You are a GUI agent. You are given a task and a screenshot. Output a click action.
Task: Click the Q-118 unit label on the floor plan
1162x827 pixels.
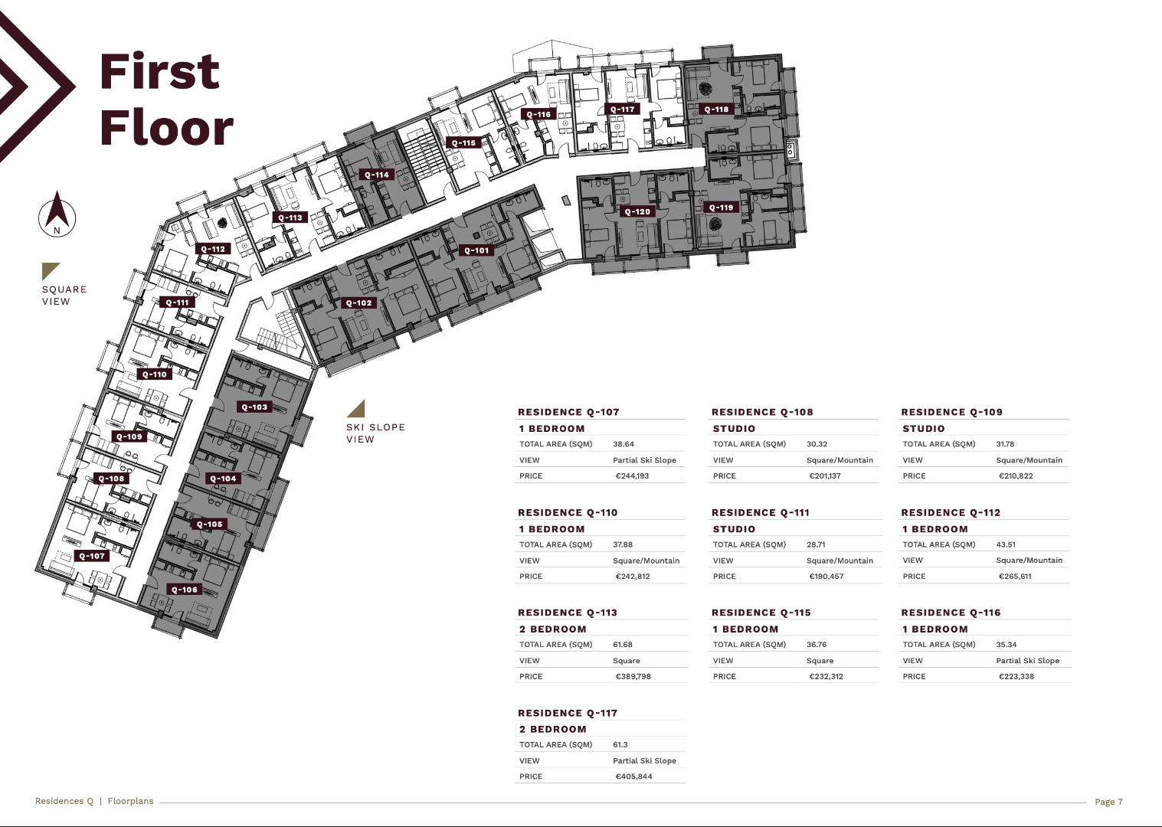pyautogui.click(x=716, y=110)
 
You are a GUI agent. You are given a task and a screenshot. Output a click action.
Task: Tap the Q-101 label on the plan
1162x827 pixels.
pyautogui.click(x=476, y=250)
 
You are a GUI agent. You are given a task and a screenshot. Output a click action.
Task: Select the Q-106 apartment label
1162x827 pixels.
pyautogui.click(x=184, y=590)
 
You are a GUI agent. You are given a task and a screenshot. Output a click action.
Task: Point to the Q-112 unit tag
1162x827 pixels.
pyautogui.click(x=213, y=249)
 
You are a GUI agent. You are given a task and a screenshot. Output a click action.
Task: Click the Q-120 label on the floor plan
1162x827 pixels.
pyautogui.click(x=637, y=211)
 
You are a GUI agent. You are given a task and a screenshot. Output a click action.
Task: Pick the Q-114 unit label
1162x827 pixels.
pyautogui.click(x=377, y=175)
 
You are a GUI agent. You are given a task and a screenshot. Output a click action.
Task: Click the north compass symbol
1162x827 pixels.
pyautogui.click(x=57, y=214)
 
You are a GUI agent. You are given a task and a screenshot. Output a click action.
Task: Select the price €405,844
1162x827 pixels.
pyautogui.click(x=633, y=776)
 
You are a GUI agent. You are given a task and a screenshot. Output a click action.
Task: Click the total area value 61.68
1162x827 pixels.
pyautogui.click(x=623, y=645)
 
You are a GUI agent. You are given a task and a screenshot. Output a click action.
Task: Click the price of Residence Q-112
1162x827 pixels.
pyautogui.click(x=1015, y=576)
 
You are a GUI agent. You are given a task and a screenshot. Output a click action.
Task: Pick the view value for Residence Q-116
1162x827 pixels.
pyautogui.click(x=1028, y=661)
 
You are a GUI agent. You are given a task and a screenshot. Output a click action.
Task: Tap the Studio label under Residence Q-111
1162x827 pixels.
pyautogui.click(x=734, y=529)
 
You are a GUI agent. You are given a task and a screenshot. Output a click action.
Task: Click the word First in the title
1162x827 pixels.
pyautogui.click(x=160, y=71)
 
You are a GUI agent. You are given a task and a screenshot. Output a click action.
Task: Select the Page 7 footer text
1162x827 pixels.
pyautogui.click(x=1108, y=802)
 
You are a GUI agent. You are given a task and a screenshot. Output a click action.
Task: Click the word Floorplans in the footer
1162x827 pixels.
pyautogui.click(x=131, y=801)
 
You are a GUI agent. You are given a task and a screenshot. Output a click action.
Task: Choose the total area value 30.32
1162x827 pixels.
pyautogui.click(x=817, y=444)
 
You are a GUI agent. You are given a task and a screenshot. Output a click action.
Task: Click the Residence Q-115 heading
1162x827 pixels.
pyautogui.click(x=761, y=613)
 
